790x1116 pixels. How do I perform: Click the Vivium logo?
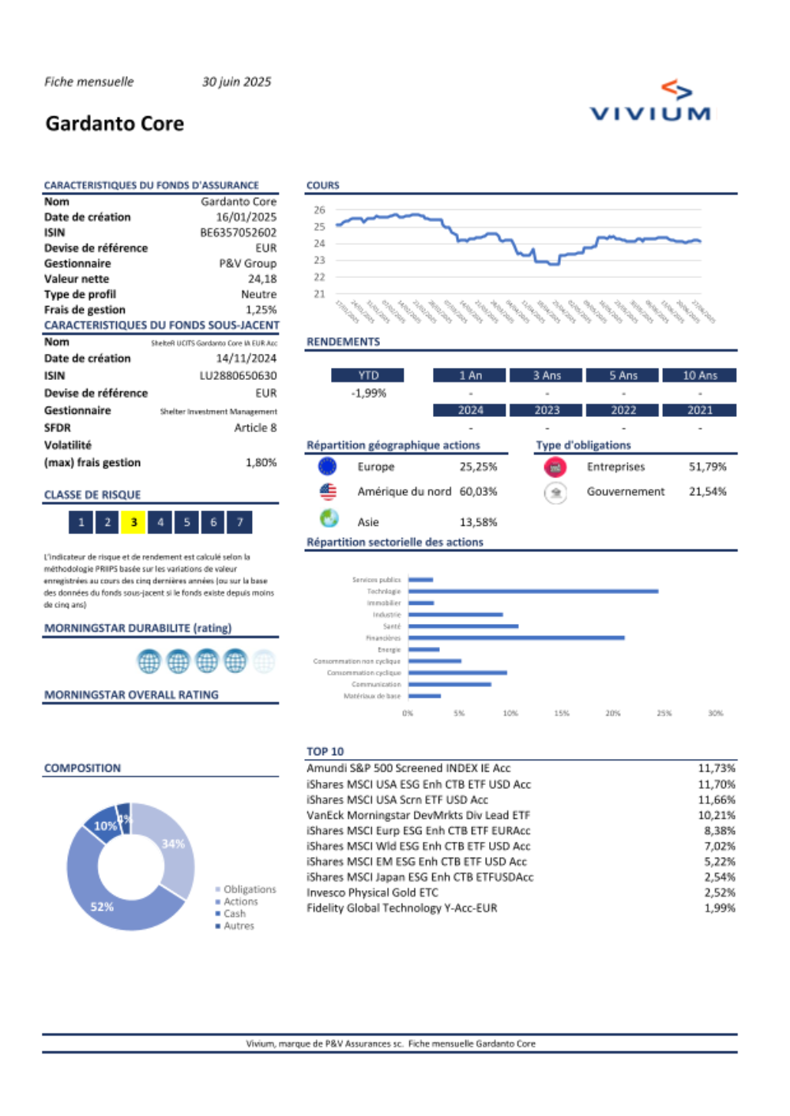point(650,102)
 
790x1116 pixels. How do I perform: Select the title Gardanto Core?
point(115,124)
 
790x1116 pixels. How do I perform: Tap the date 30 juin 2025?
point(236,82)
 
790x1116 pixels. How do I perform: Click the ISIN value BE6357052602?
point(238,233)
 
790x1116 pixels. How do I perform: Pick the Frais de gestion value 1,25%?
point(261,310)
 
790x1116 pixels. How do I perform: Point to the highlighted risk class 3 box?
point(134,522)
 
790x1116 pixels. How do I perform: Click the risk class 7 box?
point(239,522)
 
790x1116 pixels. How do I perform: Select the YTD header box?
point(368,376)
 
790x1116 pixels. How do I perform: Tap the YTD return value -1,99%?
point(368,393)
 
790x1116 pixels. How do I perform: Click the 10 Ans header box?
point(699,376)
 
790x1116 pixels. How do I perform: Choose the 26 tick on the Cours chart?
point(319,210)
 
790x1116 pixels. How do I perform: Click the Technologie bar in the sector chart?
point(533,591)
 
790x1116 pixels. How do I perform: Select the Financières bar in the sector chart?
point(516,637)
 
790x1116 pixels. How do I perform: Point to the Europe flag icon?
point(327,467)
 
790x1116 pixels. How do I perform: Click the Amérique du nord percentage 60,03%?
point(478,492)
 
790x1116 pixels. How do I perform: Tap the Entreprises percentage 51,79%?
point(707,467)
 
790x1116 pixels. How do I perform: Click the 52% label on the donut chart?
point(102,907)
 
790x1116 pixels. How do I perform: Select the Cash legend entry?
point(234,914)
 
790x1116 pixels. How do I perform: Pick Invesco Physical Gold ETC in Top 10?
point(372,892)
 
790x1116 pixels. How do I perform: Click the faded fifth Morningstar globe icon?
point(264,661)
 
